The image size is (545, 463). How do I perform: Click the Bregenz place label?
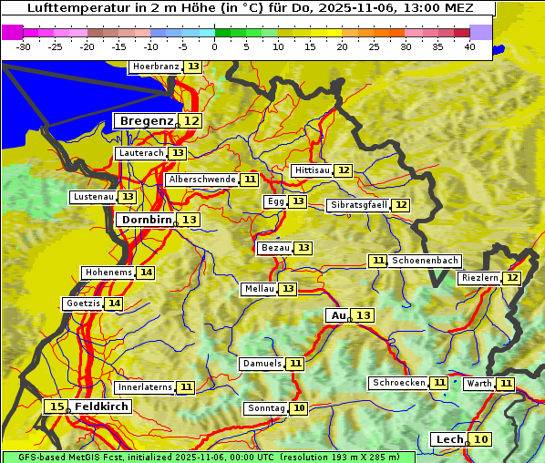[x=145, y=121]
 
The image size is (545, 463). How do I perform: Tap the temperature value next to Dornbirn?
[x=189, y=220]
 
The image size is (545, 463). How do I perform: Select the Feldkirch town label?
[x=101, y=406]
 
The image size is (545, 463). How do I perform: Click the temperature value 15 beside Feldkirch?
[x=57, y=406]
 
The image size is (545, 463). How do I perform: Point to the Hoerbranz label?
[x=155, y=67]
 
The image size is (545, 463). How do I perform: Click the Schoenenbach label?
[x=425, y=261]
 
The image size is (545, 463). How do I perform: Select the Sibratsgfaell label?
[x=358, y=205]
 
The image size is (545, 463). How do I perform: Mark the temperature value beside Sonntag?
[x=299, y=408]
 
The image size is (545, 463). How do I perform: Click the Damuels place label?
[x=262, y=364]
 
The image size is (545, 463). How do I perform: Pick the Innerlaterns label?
[x=145, y=387]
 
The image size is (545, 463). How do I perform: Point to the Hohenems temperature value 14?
[x=146, y=273]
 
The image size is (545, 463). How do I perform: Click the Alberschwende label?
[x=202, y=180]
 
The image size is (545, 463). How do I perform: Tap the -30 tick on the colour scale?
[x=24, y=46]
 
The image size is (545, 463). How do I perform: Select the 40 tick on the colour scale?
[x=469, y=46]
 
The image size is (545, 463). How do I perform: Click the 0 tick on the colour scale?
[x=215, y=46]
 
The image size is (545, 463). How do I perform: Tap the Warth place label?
[x=479, y=384]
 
